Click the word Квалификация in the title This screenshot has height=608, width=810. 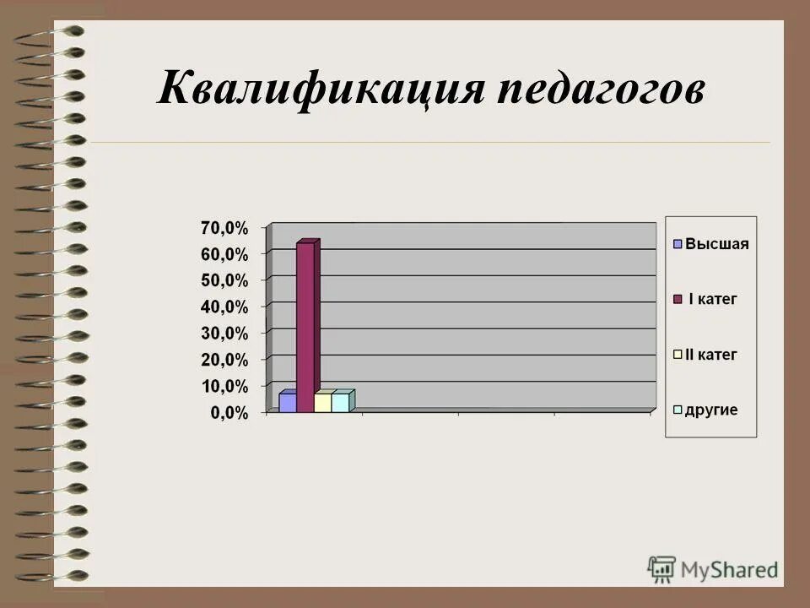click(320, 90)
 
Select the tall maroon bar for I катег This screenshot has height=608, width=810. click(305, 326)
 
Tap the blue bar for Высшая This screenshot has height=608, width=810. click(287, 402)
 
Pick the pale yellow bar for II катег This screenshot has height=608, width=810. click(322, 402)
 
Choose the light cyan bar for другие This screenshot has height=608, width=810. click(340, 402)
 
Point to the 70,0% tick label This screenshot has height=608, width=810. click(224, 228)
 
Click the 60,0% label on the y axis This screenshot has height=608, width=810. click(224, 254)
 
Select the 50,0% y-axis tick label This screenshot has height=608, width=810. click(224, 280)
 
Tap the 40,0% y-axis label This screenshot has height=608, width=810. click(224, 307)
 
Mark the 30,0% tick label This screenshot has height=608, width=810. click(224, 333)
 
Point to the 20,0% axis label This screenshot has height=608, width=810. click(224, 360)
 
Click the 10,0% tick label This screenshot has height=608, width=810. click(224, 386)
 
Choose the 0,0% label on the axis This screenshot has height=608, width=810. click(229, 412)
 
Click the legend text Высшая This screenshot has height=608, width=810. click(716, 244)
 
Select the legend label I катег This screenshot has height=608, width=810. click(713, 299)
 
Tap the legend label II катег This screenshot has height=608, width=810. click(710, 355)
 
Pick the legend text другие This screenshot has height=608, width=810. click(711, 410)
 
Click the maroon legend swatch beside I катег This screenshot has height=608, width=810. click(677, 300)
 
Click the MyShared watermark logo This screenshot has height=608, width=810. click(713, 568)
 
